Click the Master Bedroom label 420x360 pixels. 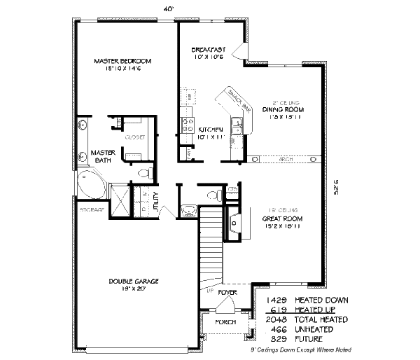tap(122, 62)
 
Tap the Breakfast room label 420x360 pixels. tap(208, 49)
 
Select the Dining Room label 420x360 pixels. tap(283, 109)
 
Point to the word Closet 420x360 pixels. tap(134, 137)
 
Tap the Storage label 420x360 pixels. tap(91, 209)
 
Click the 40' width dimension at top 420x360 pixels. tap(168, 8)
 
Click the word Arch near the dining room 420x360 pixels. tap(285, 159)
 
